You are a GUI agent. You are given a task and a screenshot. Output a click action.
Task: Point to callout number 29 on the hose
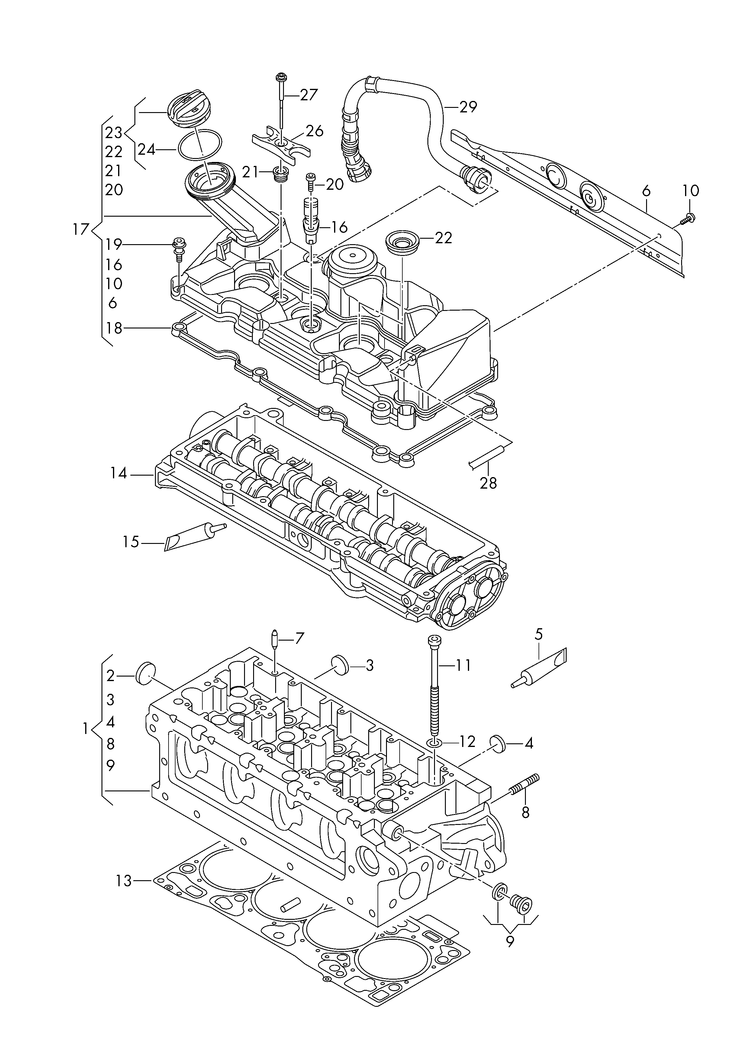[x=468, y=107]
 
